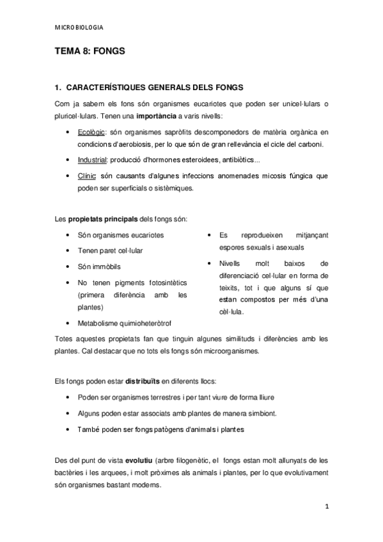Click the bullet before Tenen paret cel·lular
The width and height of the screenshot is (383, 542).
coord(68,251)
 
